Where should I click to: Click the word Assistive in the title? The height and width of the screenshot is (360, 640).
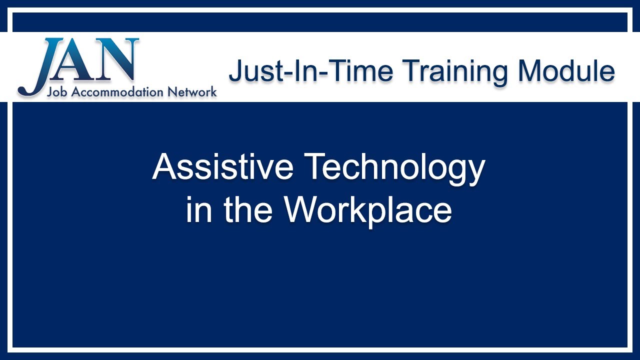coord(222,167)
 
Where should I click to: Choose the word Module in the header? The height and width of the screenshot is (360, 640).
coord(566,70)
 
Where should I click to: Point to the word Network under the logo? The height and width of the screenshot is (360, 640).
coord(192,92)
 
